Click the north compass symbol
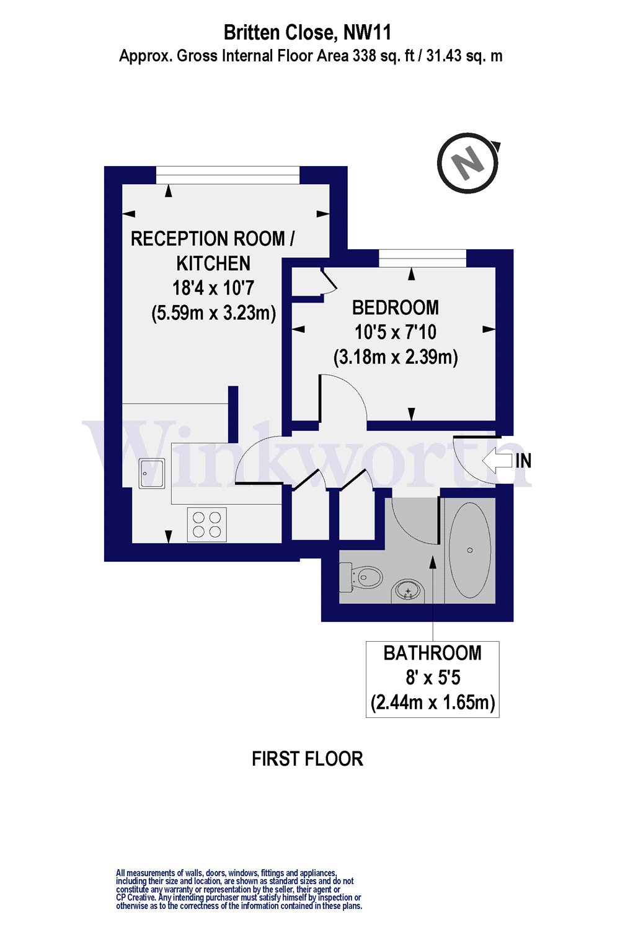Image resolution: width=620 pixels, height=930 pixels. (468, 163)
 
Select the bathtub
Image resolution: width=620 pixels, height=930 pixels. (470, 550)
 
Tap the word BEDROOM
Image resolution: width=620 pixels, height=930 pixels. (395, 308)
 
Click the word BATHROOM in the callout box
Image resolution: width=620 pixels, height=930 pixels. (432, 653)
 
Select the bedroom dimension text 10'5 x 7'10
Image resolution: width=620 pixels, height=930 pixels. (395, 332)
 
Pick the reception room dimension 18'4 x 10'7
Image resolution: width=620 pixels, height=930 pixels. (213, 288)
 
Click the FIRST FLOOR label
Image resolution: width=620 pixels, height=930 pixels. (307, 759)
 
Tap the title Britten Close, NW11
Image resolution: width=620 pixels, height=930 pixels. (308, 32)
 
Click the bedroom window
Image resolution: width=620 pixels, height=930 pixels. (422, 258)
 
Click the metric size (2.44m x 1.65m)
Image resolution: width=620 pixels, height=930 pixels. (432, 702)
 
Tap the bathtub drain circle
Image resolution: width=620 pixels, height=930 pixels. (470, 550)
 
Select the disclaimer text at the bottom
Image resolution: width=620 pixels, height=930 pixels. (239, 889)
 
